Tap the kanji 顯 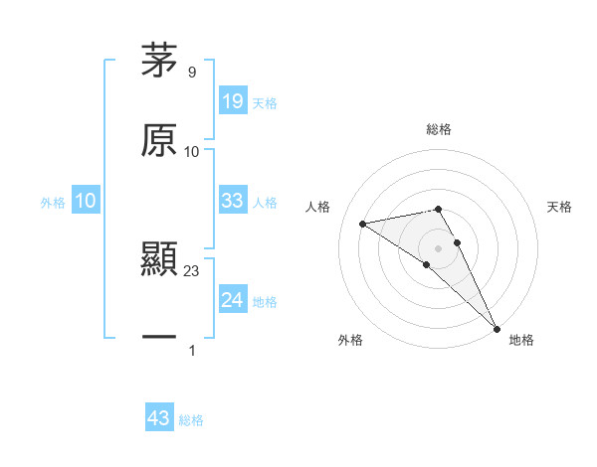point(158,260)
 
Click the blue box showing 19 point(232,101)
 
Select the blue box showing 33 point(232,201)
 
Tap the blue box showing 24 point(232,300)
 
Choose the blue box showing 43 point(159,418)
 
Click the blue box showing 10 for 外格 point(86,201)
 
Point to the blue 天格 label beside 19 point(265,103)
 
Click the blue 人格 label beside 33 point(265,203)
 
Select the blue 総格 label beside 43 point(191,420)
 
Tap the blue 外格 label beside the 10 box point(53,203)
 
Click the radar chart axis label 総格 point(438,129)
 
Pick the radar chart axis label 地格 point(521,340)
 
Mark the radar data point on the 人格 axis point(362,224)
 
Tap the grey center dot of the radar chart point(438,247)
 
